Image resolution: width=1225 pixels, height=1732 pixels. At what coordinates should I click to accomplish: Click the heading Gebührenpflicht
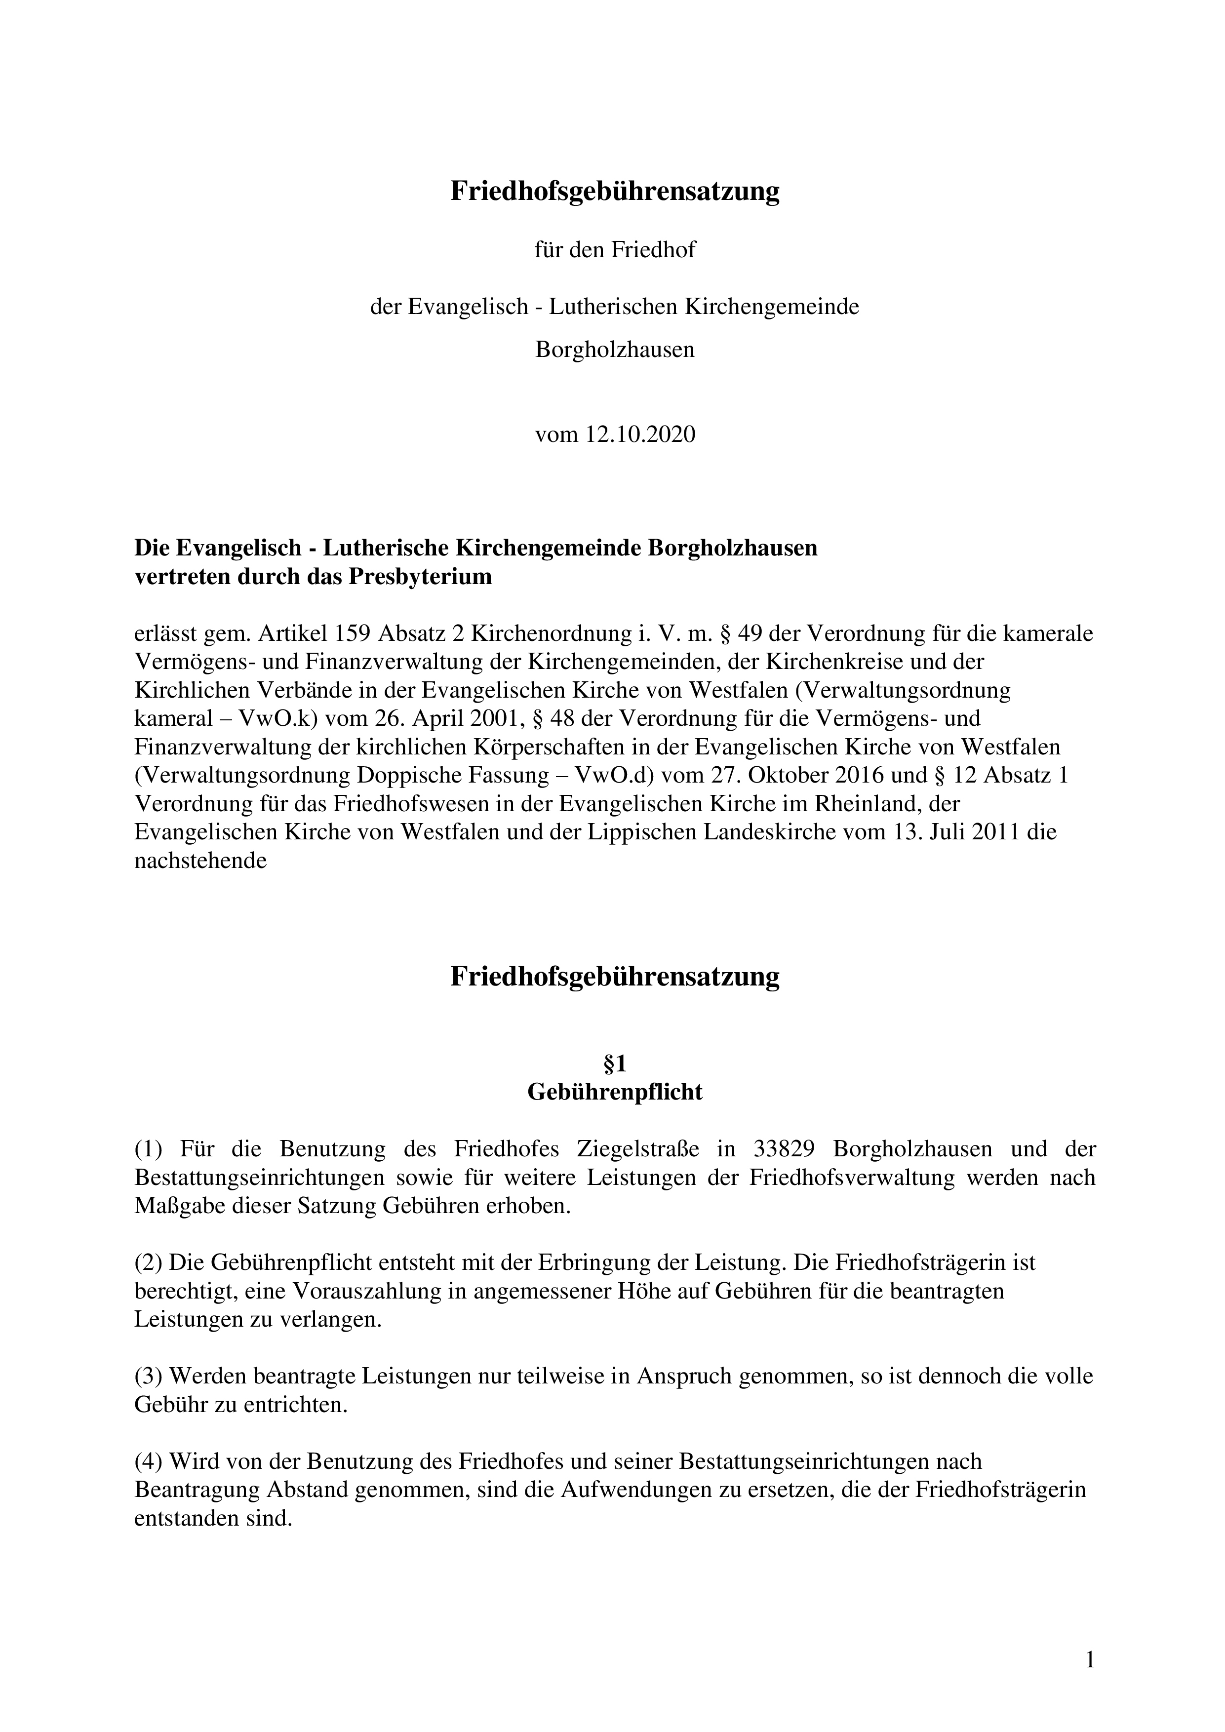615,1092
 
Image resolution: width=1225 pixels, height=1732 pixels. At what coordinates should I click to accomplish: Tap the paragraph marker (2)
149,1262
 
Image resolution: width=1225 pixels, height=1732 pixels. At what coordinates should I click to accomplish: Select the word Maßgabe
171,1206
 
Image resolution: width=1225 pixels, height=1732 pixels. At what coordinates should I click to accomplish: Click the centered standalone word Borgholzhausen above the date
615,350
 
